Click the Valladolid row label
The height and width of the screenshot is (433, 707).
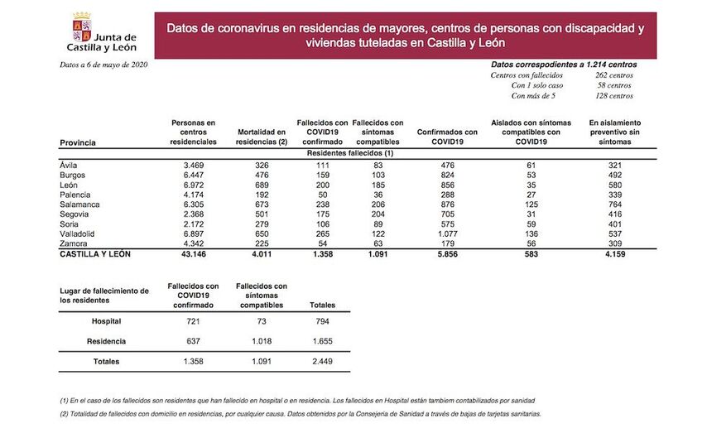pos(76,234)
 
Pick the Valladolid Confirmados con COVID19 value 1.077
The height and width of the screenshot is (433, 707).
pos(447,234)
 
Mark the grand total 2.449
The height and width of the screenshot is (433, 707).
pos(321,362)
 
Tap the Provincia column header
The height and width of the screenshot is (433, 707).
pos(78,142)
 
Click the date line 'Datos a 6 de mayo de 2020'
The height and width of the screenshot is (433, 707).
pos(103,65)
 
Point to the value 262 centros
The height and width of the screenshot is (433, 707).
pos(613,75)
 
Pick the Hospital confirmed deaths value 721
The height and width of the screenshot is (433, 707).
pos(192,320)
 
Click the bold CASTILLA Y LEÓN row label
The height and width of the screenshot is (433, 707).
pos(95,254)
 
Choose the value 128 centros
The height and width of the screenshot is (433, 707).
pos(613,96)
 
